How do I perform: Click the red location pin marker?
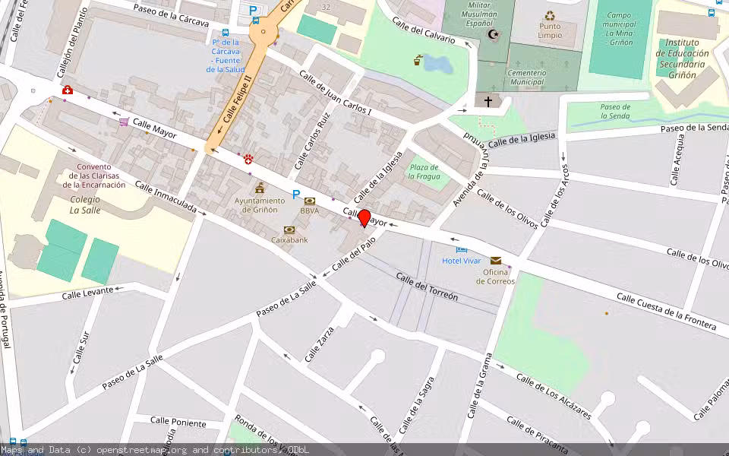[x=364, y=218]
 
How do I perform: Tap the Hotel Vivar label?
[x=462, y=261]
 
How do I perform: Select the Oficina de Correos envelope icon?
[x=495, y=260]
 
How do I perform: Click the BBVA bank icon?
[x=309, y=201]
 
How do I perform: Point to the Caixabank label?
[x=289, y=239]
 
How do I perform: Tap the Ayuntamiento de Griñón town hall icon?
[x=260, y=188]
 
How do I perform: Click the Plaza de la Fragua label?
[x=424, y=172]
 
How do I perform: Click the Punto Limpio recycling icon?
[x=549, y=16]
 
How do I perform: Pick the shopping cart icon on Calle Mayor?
[x=123, y=122]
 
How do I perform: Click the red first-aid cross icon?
[x=68, y=90]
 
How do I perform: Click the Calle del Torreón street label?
[x=427, y=287]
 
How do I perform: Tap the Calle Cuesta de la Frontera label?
[x=666, y=312]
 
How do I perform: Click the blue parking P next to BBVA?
[x=296, y=195]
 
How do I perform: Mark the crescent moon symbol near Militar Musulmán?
[x=494, y=35]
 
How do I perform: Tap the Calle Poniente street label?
[x=178, y=422]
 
